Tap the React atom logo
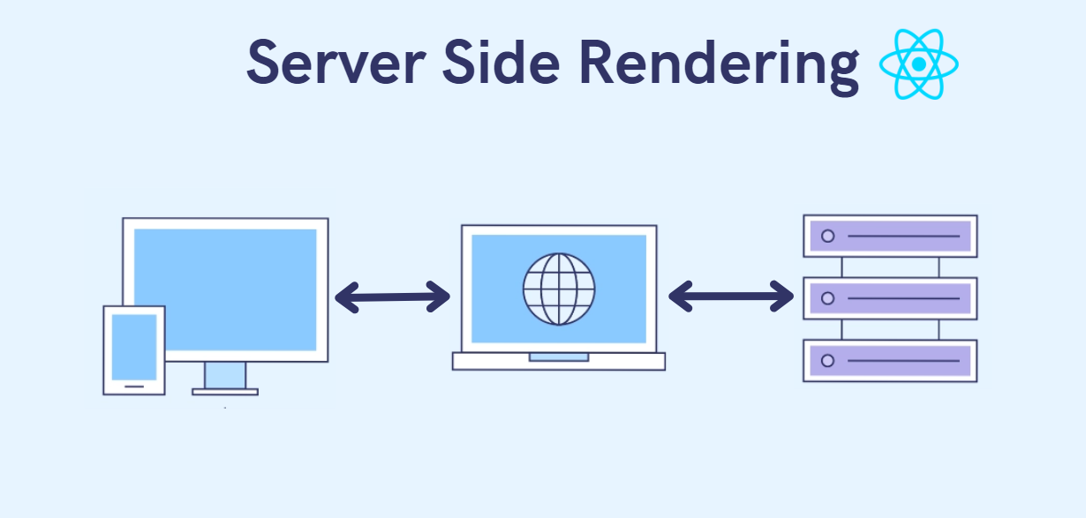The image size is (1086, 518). point(919,64)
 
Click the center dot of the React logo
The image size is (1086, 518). point(919,64)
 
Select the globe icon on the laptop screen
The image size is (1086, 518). point(559,289)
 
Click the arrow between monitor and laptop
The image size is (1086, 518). point(393,297)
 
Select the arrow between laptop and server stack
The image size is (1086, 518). point(731,296)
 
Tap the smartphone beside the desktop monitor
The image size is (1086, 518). point(134,349)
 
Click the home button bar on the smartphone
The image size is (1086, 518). point(134,385)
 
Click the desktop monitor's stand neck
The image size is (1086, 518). point(225,375)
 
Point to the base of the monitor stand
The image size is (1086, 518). point(225,391)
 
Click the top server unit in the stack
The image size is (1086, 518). point(890,236)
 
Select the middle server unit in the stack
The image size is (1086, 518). point(890,298)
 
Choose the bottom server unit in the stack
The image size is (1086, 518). point(890,361)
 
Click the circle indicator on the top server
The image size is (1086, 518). point(827,236)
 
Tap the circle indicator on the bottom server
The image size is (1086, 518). point(827,361)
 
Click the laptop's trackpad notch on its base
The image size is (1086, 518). point(559,357)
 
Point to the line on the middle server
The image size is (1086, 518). point(902,298)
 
